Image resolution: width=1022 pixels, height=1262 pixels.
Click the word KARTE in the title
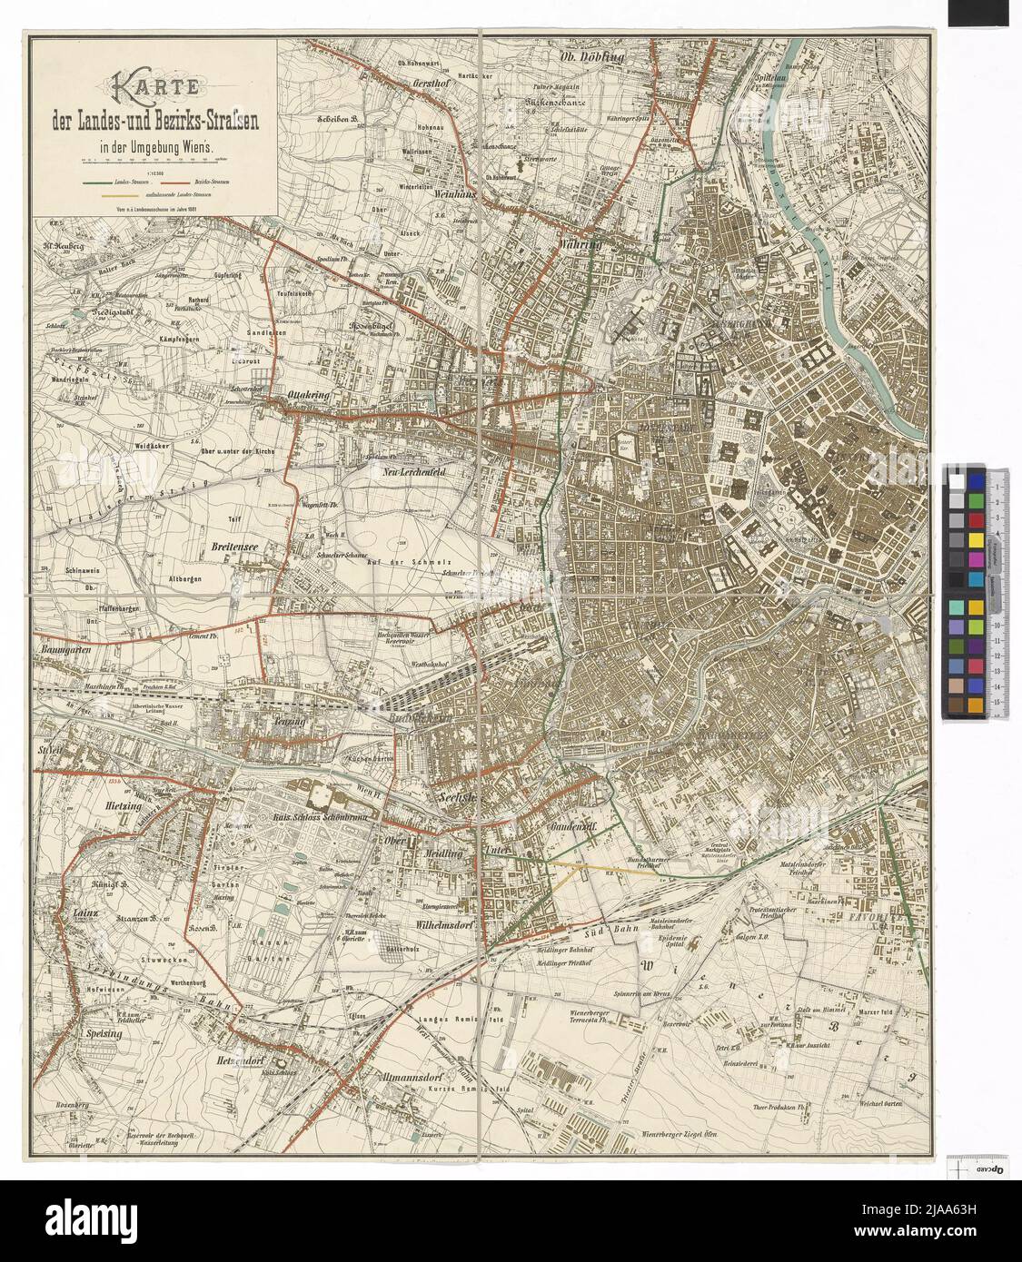(x=153, y=90)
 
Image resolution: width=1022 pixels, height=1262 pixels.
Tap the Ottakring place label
(x=309, y=396)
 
